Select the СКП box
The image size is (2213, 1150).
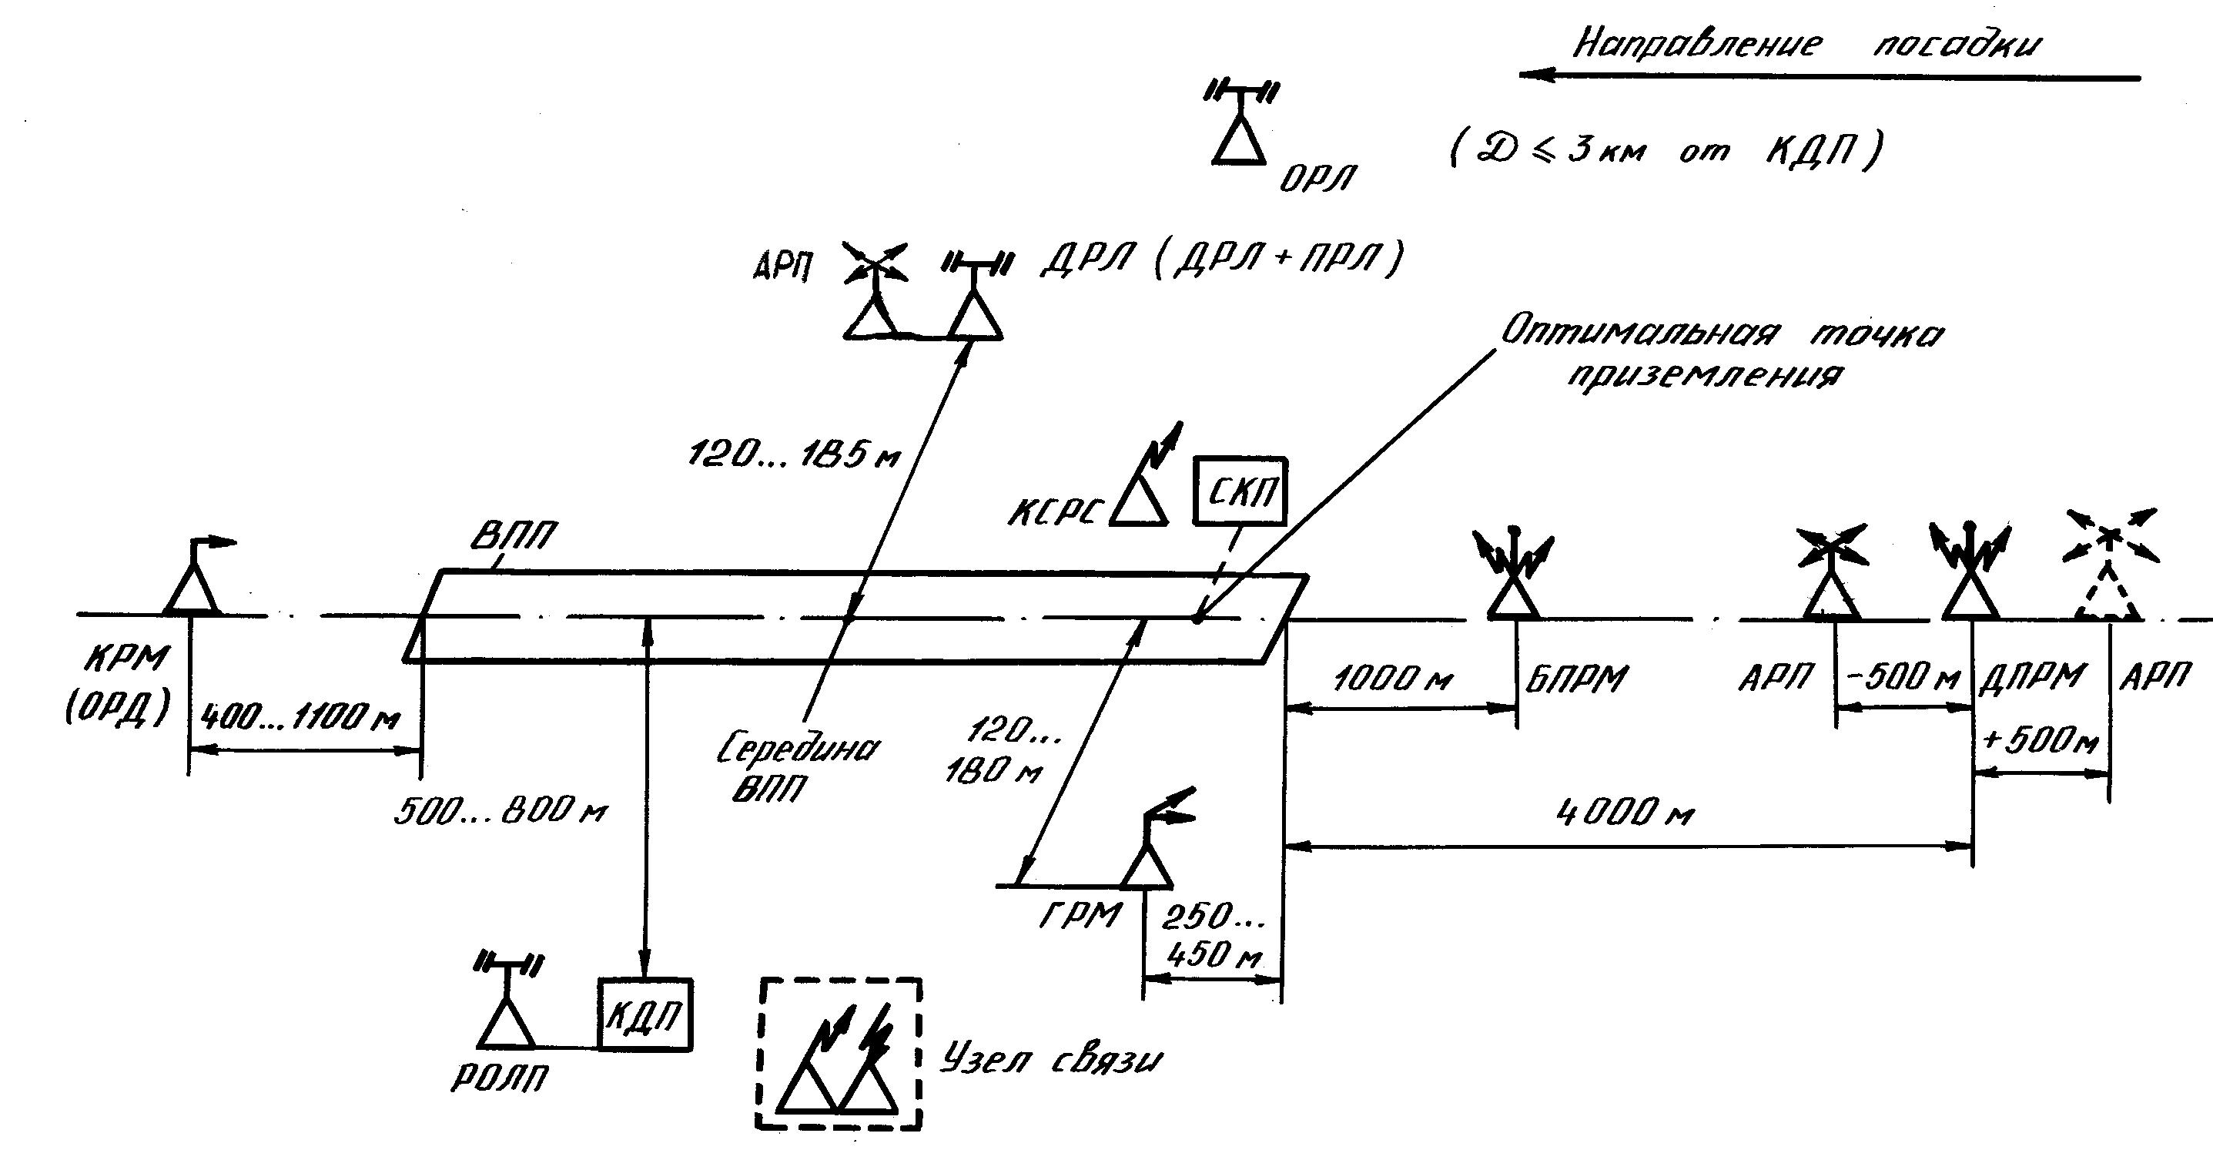pos(1240,491)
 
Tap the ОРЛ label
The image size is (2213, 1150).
pos(1317,179)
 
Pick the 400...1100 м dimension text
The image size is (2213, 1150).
pos(300,715)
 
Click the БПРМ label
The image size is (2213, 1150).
pos(1576,679)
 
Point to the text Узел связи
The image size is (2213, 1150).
pos(1050,1061)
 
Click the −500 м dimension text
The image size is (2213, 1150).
pos(1902,678)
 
